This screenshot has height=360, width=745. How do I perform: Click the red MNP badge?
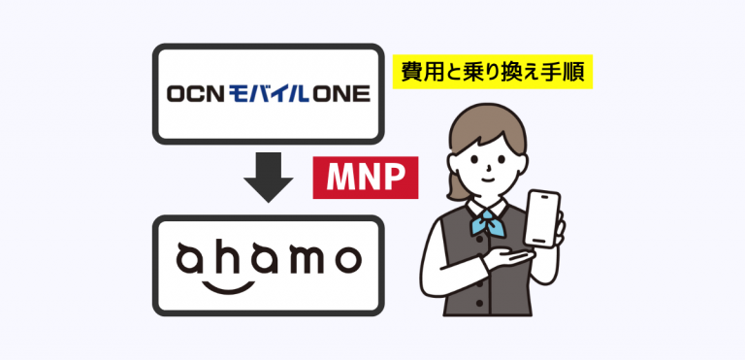pyautogui.click(x=357, y=178)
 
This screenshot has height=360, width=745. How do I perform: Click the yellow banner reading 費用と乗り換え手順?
pyautogui.click(x=492, y=73)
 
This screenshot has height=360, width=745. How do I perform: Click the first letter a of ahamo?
pyautogui.click(x=190, y=260)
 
